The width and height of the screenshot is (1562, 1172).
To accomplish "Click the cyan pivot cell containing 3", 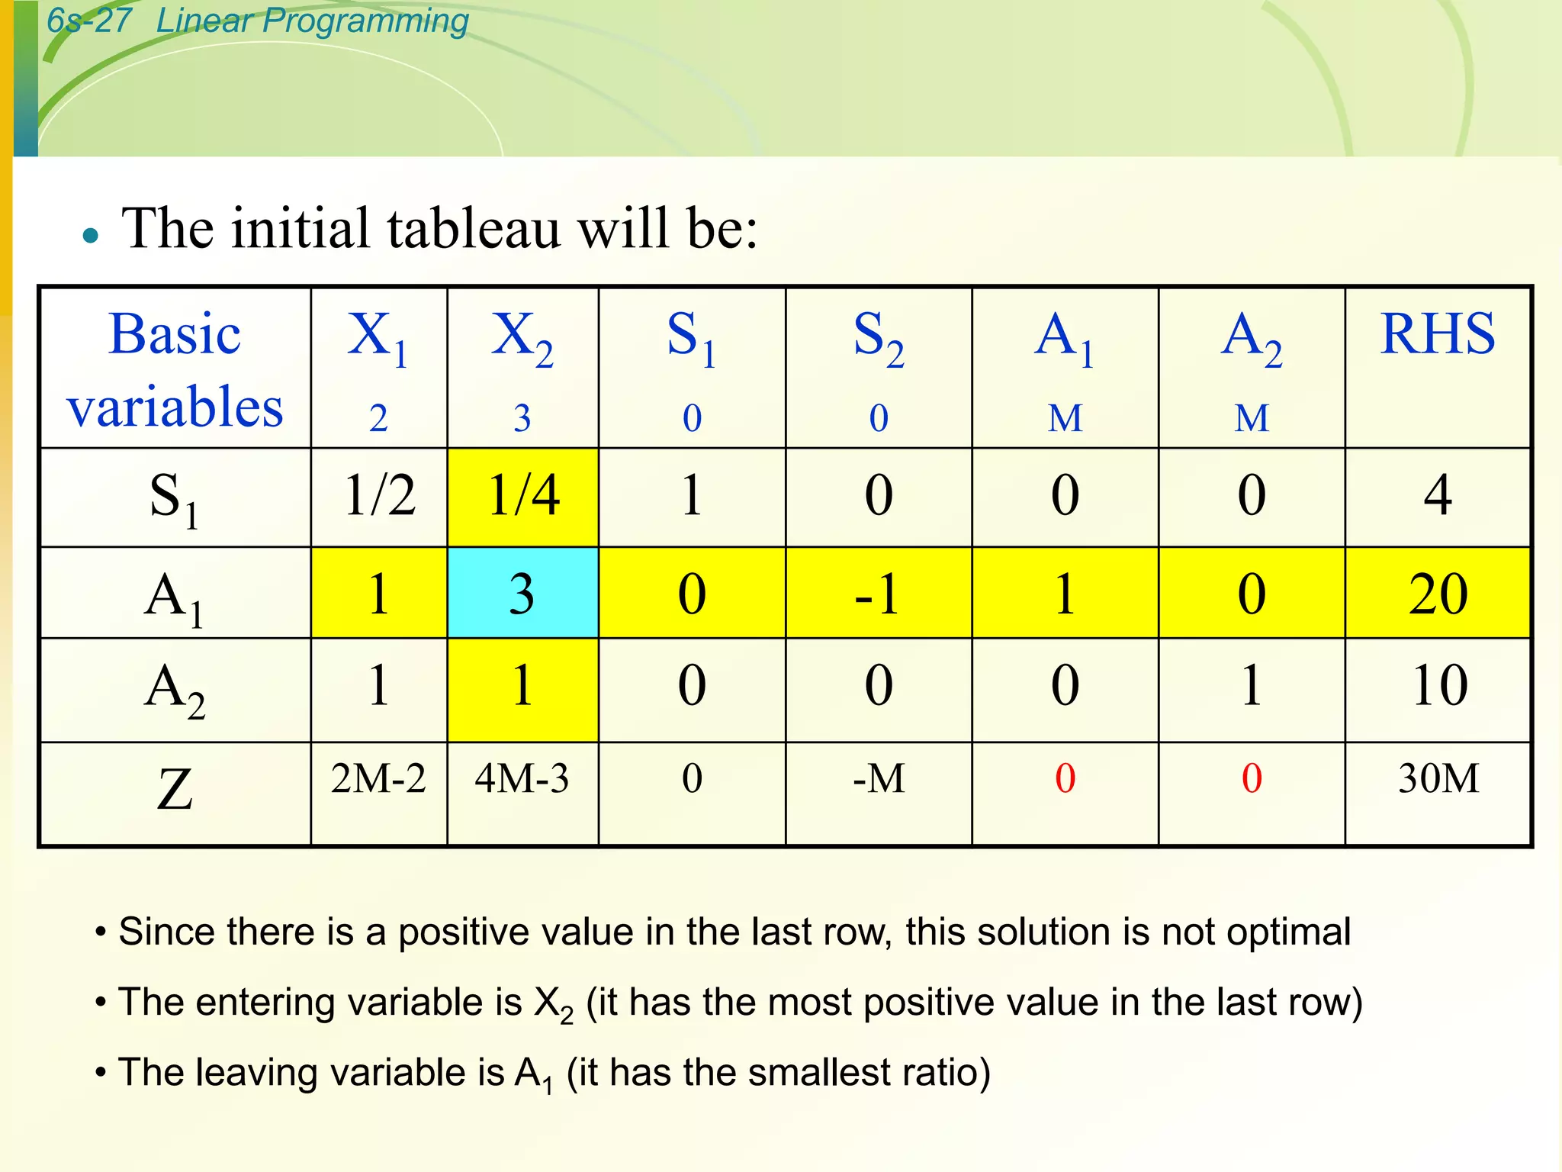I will [x=522, y=593].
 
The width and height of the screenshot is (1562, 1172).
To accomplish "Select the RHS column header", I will [x=1438, y=335].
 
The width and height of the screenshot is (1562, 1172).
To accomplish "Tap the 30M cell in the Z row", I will [x=1438, y=779].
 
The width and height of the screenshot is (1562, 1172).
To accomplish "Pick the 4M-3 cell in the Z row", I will [x=522, y=779].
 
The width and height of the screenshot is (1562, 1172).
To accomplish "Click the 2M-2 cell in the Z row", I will [x=378, y=779].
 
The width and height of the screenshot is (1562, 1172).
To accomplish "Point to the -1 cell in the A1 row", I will [x=878, y=593].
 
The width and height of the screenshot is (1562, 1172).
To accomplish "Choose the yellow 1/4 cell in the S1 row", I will [x=523, y=495].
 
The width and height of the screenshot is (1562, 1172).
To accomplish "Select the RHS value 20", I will [x=1438, y=593].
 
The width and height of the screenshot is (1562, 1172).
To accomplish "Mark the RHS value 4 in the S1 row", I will [x=1438, y=495].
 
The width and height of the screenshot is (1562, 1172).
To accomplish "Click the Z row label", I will [x=175, y=790].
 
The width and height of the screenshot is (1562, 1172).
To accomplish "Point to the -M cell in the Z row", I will [x=879, y=779].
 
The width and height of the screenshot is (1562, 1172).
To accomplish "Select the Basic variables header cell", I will [x=175, y=369].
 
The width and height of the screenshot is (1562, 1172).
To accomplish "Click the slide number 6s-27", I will [x=88, y=21].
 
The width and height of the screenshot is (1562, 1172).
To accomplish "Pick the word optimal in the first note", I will [x=1288, y=932].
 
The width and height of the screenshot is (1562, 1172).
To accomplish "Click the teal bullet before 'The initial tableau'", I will [x=91, y=235].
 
